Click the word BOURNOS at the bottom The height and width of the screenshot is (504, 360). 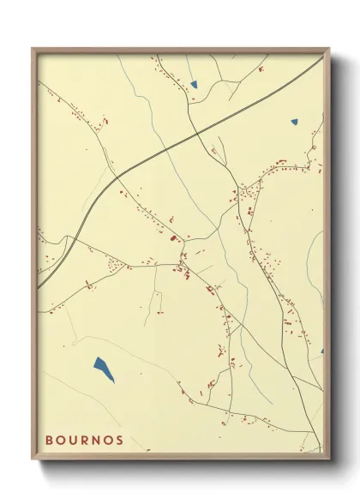(84, 441)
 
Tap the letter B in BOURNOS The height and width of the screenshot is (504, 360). (49, 441)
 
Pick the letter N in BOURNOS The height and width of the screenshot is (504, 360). (97, 441)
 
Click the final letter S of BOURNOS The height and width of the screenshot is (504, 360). (120, 441)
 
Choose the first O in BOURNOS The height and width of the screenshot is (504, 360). (61, 441)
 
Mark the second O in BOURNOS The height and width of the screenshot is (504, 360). (109, 441)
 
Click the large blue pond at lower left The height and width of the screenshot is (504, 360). (104, 369)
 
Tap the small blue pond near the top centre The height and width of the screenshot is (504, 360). (194, 85)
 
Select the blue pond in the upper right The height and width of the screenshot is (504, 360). (294, 121)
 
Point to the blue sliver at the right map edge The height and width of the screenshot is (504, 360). (321, 351)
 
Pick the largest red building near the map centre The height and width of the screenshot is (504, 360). (172, 237)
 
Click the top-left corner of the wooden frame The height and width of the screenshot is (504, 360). (33, 49)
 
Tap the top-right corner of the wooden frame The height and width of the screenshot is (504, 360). (328, 49)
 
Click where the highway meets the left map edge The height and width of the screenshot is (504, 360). (39, 286)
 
